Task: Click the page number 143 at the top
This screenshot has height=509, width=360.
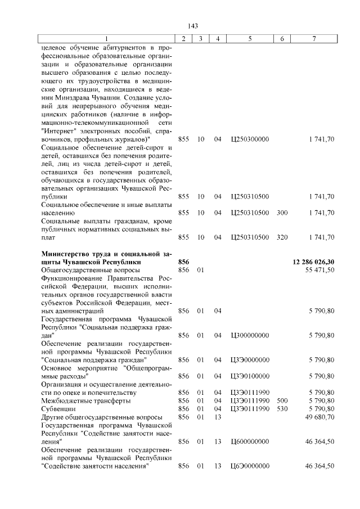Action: [x=193, y=26]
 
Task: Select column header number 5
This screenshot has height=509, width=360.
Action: [x=250, y=38]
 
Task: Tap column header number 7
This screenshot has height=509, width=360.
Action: [x=314, y=38]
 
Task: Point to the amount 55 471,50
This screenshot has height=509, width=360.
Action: [x=320, y=270]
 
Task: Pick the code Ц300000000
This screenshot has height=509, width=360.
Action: [x=250, y=335]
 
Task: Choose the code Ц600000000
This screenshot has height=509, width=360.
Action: [x=250, y=442]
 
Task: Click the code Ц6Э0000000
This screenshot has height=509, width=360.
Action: [x=250, y=466]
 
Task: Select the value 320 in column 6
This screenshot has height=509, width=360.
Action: [x=282, y=237]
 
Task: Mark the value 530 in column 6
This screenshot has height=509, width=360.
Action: [x=282, y=408]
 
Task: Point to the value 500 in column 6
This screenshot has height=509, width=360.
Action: [x=282, y=400]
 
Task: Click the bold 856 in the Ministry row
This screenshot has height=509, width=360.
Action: [x=183, y=262]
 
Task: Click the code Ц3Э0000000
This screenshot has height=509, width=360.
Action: [x=250, y=359]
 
